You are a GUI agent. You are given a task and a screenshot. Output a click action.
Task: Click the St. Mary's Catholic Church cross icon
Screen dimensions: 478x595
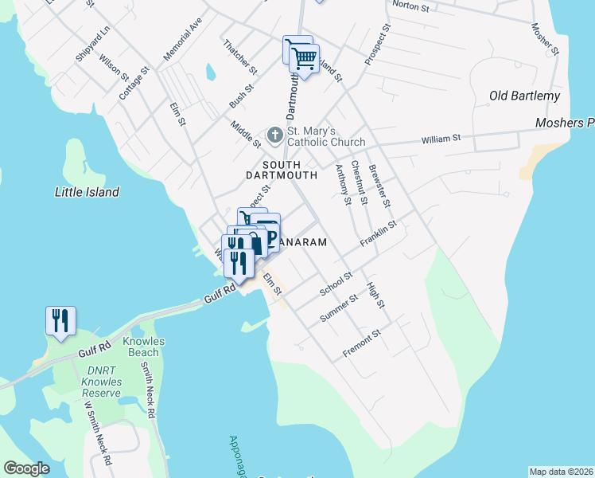(274, 135)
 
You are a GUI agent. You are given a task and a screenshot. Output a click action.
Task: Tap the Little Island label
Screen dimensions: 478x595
(87, 192)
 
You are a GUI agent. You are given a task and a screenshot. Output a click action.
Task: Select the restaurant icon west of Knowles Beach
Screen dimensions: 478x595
(60, 320)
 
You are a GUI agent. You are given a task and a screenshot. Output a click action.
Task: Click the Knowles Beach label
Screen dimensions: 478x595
(144, 347)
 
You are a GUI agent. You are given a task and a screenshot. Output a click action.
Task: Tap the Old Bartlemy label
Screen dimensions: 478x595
(524, 96)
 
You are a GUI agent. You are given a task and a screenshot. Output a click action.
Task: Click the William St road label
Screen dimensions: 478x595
(441, 139)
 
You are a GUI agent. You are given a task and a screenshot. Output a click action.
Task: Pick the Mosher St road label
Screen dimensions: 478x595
(545, 33)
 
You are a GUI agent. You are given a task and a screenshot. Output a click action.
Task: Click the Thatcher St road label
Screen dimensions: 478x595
(239, 57)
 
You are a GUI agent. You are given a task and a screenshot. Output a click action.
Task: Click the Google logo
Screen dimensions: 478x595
(26, 468)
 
